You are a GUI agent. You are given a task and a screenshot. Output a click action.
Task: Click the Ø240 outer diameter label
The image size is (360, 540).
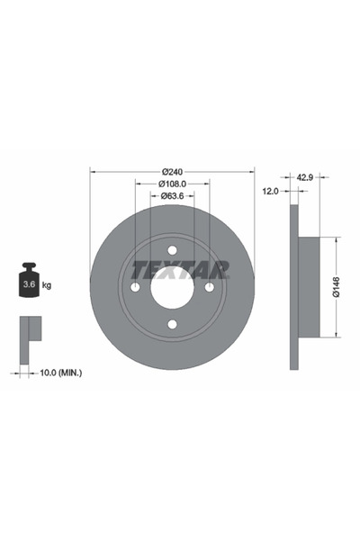173,172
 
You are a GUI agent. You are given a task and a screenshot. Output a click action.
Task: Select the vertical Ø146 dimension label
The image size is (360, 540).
335,286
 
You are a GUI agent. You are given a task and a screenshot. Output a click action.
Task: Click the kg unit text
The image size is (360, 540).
47,285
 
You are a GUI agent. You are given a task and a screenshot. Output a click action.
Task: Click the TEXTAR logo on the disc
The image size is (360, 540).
181,269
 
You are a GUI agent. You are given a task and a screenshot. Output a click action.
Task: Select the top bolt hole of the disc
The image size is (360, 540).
173,250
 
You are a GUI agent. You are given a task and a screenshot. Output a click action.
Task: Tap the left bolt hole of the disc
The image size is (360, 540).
136,287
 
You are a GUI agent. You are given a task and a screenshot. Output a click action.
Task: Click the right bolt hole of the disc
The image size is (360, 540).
210,287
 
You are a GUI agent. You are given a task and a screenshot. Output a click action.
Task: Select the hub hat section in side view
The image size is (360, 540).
307,287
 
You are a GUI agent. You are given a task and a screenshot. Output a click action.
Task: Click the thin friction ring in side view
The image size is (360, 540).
293,287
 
